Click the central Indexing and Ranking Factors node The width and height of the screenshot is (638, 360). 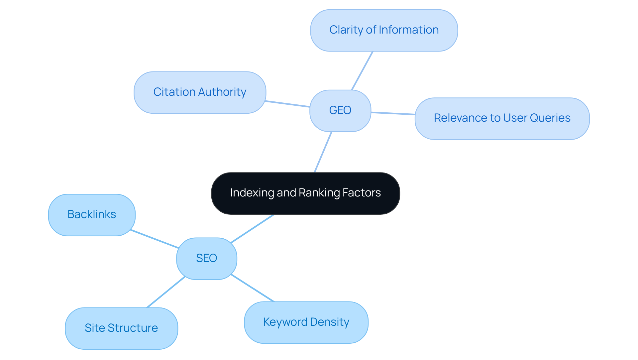pyautogui.click(x=305, y=193)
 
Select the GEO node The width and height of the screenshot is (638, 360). pyautogui.click(x=340, y=110)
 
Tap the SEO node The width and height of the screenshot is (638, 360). pyautogui.click(x=206, y=258)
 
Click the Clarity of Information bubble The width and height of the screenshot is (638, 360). pyautogui.click(x=384, y=30)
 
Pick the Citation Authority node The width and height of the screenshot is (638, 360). pyautogui.click(x=200, y=92)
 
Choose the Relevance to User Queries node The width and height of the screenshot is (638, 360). pyautogui.click(x=502, y=118)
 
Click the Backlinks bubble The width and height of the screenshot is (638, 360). pyautogui.click(x=92, y=215)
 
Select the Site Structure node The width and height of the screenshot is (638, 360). pyautogui.click(x=121, y=328)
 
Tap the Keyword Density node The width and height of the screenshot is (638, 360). pyautogui.click(x=306, y=322)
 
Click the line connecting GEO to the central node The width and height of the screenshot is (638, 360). pyautogui.click(x=323, y=152)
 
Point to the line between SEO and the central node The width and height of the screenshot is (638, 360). pyautogui.click(x=253, y=228)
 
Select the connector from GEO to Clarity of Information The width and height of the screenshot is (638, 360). pyautogui.click(x=362, y=70)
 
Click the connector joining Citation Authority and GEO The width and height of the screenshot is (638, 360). pyautogui.click(x=288, y=104)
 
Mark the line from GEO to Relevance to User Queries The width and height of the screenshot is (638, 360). pyautogui.click(x=393, y=113)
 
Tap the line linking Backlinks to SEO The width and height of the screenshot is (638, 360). pyautogui.click(x=155, y=239)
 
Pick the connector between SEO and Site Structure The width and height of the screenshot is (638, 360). pyautogui.click(x=166, y=292)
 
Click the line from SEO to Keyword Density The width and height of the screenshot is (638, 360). pyautogui.click(x=253, y=288)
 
